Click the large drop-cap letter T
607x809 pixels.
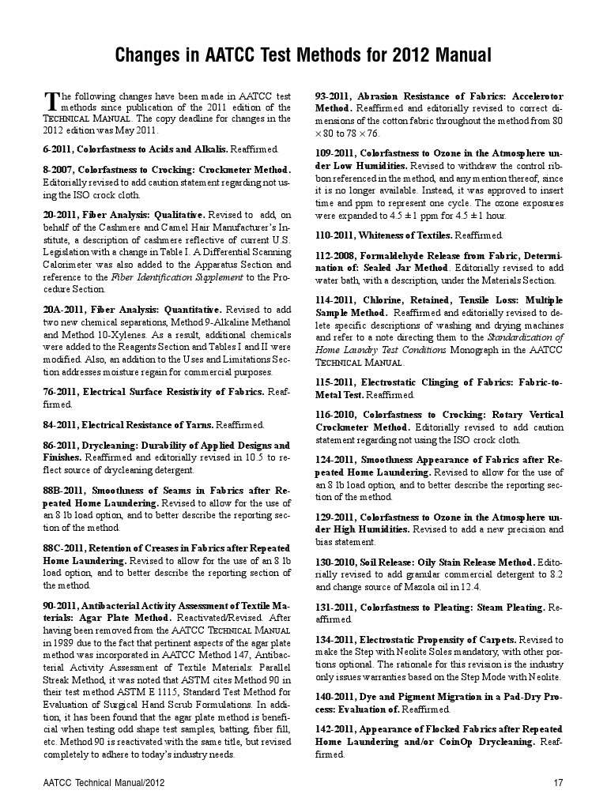point(51,101)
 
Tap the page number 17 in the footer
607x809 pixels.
point(558,783)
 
